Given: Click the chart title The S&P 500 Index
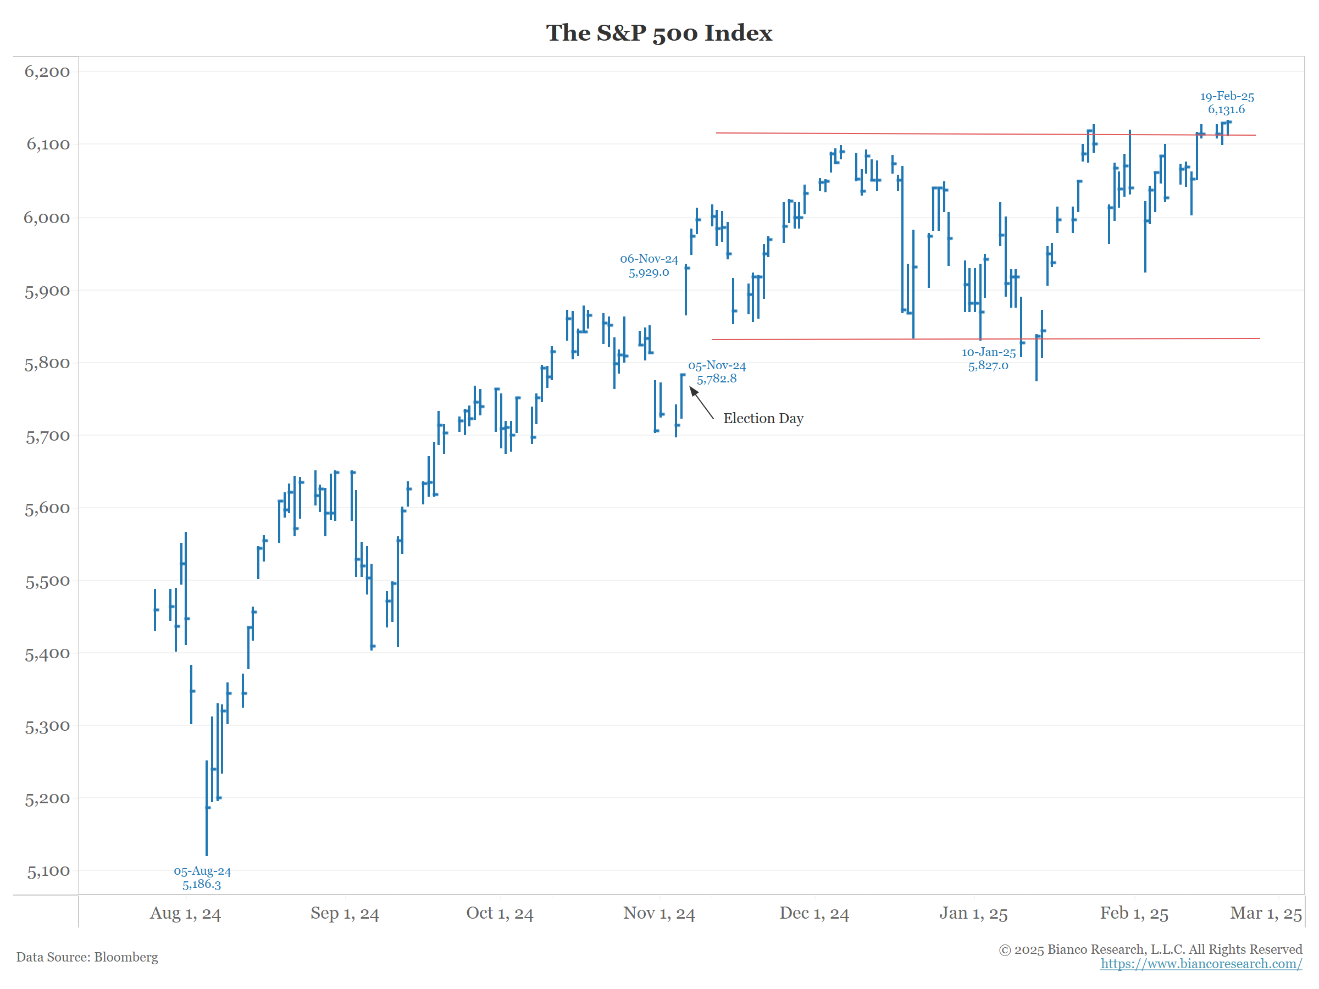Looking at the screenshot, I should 659,33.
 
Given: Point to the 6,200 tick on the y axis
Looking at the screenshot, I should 47,72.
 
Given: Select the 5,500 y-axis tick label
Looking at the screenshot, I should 47,582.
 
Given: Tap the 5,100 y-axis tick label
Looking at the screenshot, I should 48,872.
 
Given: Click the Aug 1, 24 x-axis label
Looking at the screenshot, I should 185,913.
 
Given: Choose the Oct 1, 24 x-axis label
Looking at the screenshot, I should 500,913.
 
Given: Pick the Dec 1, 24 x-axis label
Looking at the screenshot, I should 814,913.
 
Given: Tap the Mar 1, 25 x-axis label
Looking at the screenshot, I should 1265,913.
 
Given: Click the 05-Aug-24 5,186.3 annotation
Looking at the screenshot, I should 202,877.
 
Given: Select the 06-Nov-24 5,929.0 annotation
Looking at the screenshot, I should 649,266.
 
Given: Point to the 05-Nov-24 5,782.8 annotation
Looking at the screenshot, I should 717,372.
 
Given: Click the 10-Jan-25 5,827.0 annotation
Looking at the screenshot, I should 988,359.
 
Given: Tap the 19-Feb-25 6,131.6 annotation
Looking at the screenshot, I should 1227,103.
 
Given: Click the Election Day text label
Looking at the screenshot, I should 763,419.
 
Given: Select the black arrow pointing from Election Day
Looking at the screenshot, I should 701,403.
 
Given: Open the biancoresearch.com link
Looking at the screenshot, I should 1201,964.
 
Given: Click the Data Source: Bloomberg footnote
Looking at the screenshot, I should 87,957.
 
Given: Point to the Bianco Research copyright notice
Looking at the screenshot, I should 1150,949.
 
